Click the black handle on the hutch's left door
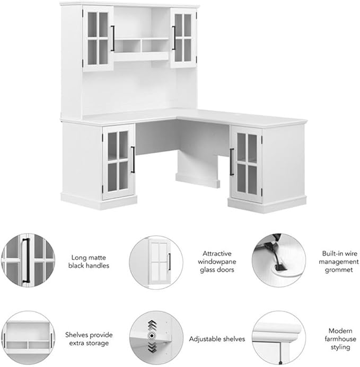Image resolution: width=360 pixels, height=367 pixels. (x=113, y=38)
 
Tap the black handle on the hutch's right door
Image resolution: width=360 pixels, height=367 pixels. (x=174, y=38)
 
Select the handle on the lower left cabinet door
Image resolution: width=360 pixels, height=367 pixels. (x=133, y=159)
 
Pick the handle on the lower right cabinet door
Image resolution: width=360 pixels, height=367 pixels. (x=232, y=162)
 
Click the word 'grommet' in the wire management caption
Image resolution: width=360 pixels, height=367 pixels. (x=339, y=270)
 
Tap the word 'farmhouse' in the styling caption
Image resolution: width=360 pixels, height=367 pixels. (x=340, y=339)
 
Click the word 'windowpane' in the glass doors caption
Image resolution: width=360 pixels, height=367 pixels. (x=217, y=262)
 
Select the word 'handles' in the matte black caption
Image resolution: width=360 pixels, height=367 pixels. (x=99, y=266)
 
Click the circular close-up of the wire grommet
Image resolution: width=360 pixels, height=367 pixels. (x=279, y=260)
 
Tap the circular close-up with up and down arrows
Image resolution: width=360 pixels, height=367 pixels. (x=156, y=337)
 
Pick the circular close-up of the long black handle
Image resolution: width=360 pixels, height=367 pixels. (x=28, y=260)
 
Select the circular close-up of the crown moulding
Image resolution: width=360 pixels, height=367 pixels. (x=279, y=337)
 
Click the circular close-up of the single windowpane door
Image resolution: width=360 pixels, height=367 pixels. (x=156, y=262)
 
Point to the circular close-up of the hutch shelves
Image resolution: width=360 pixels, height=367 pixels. (x=28, y=337)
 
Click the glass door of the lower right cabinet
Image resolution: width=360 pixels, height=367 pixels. (x=246, y=165)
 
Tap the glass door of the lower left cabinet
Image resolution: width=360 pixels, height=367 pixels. (x=119, y=162)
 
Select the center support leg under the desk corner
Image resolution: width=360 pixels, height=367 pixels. (x=198, y=169)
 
